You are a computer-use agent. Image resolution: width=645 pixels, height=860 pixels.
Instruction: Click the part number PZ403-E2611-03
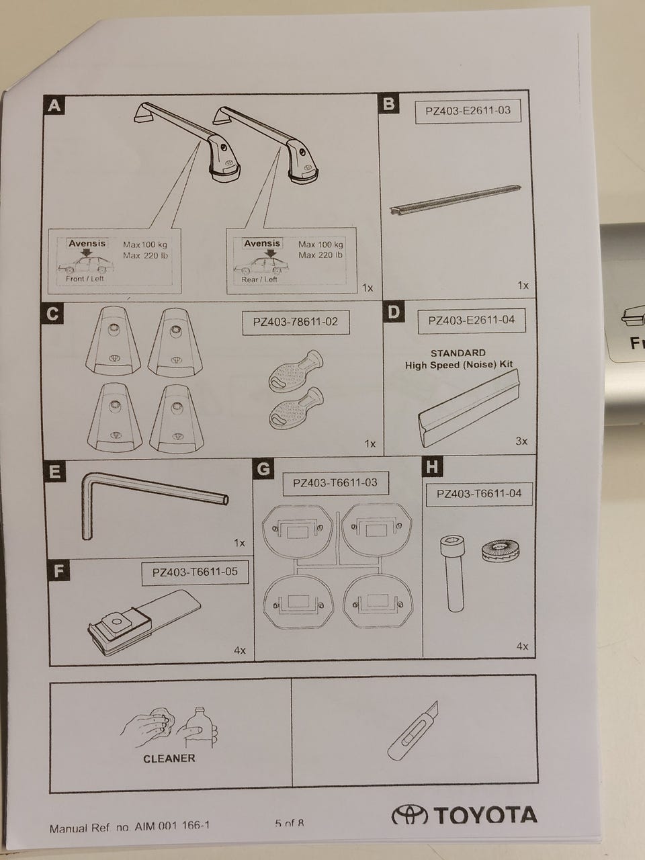coord(468,110)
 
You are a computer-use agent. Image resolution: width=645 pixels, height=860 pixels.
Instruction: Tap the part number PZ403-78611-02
coord(296,322)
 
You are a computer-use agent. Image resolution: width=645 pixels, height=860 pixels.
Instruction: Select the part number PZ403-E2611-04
coord(471,320)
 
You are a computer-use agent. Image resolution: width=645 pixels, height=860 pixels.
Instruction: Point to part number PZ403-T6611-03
coord(335,482)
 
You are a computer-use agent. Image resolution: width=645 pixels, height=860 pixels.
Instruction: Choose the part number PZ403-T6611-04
coord(478,494)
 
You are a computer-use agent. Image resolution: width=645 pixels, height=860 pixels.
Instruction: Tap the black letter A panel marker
coord(54,105)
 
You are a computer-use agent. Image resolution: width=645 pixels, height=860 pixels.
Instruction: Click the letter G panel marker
coord(265,468)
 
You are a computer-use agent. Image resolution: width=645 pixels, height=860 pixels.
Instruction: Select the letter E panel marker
coord(54,471)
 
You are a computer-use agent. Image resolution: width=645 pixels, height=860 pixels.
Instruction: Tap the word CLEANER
coord(169,758)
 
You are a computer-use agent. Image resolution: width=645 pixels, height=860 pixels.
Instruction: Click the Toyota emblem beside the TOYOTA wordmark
coord(409,815)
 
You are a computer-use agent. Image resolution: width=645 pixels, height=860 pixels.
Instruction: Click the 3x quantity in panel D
coord(521,441)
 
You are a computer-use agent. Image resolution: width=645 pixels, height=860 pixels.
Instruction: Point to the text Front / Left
coord(85,278)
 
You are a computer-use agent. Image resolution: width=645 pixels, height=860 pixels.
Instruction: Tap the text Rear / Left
coord(259,279)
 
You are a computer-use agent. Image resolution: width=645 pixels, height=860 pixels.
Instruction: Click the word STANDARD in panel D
coord(458,353)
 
